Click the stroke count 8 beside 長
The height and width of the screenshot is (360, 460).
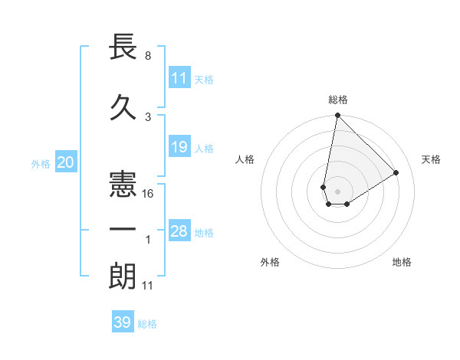coord(147,56)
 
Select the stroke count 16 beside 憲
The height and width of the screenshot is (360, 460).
coord(149,194)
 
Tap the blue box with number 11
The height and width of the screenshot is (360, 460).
coord(179,78)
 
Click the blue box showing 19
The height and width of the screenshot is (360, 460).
coord(179,147)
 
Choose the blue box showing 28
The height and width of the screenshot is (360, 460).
coord(179,231)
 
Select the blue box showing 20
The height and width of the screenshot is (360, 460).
coord(65,162)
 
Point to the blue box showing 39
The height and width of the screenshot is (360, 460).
coord(122,322)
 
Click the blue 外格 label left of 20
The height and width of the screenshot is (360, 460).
coord(41,163)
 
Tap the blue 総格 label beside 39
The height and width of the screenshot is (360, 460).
coord(147,324)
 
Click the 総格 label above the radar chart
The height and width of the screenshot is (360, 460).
coord(337,100)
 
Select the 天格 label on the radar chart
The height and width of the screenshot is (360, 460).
coord(431,159)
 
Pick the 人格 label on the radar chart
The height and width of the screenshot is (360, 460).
coord(245,159)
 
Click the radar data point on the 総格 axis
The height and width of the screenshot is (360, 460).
coord(337,115)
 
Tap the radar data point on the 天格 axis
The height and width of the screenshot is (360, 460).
coord(396,172)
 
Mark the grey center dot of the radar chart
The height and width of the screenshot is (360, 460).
coord(337,190)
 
